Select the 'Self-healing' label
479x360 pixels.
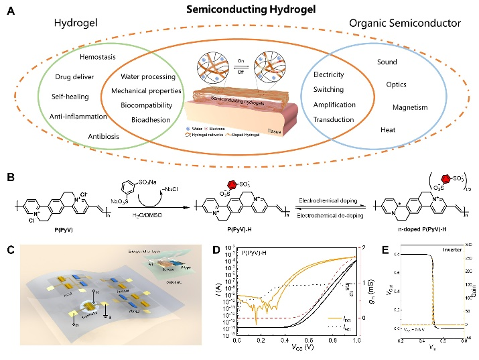point(70,97)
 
